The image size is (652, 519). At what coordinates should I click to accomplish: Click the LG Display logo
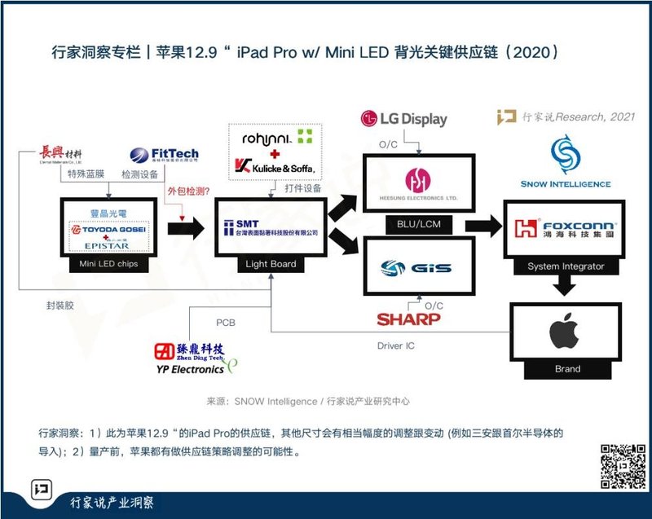(x=403, y=119)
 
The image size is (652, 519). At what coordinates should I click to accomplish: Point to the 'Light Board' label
(x=271, y=264)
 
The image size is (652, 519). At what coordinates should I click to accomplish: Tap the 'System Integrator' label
(x=566, y=266)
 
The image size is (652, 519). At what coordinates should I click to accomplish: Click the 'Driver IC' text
(x=396, y=345)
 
